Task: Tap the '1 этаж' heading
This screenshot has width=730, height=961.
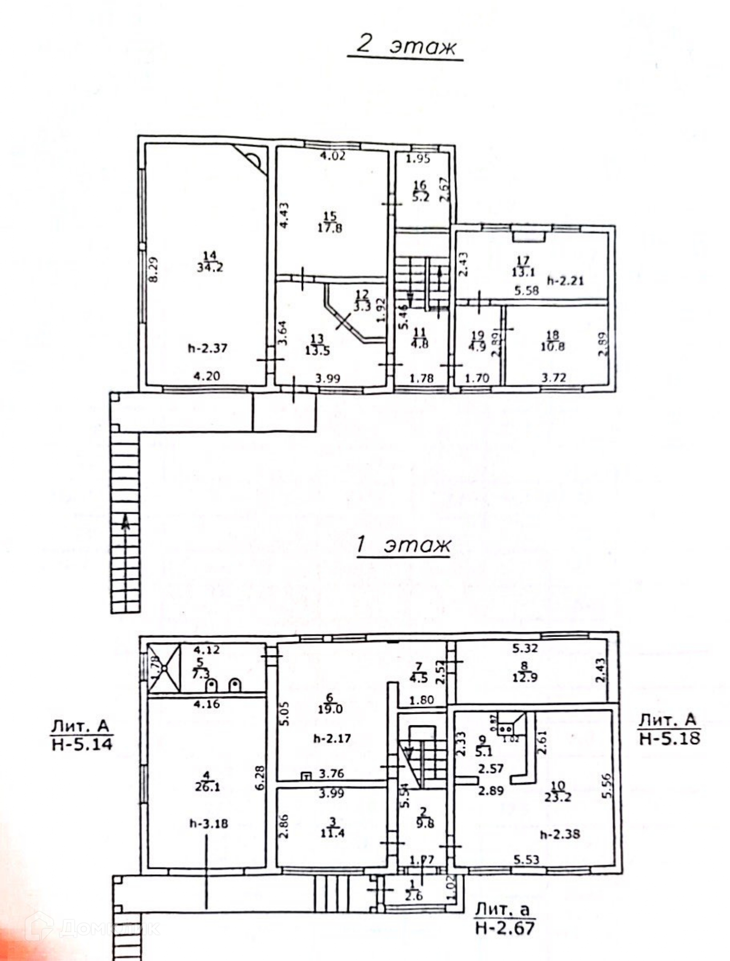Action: point(403,546)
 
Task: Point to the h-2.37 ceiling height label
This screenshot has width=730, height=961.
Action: point(208,348)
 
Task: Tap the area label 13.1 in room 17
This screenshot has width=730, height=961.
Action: point(523,273)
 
